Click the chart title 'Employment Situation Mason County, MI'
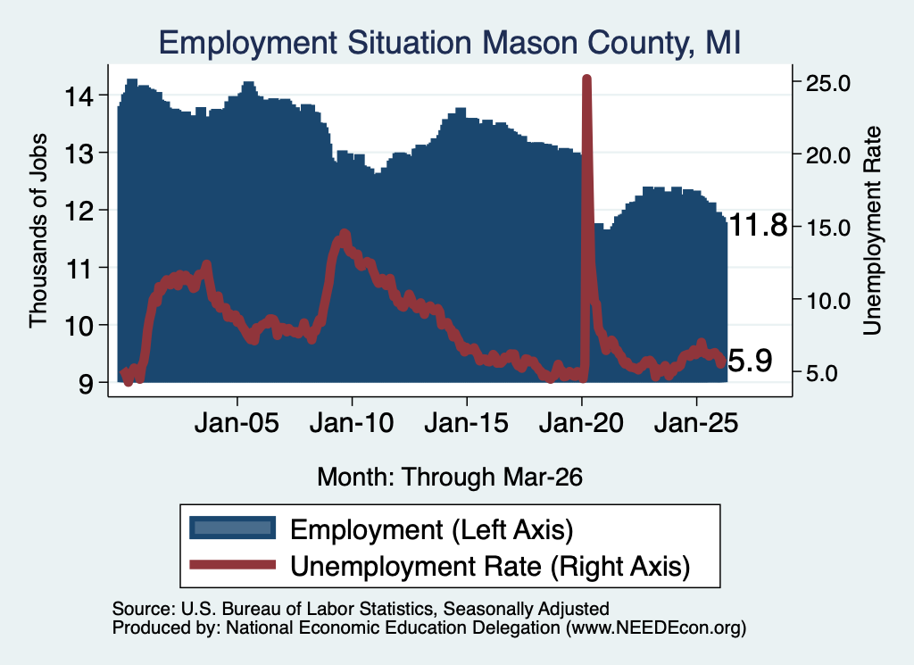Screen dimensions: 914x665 pyautogui.click(x=450, y=43)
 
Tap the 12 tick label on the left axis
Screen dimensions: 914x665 pyautogui.click(x=79, y=211)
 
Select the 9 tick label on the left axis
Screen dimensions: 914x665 pyautogui.click(x=85, y=383)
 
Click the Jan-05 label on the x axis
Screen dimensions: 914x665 pyautogui.click(x=237, y=422)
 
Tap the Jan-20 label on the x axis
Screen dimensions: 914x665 pyautogui.click(x=581, y=422)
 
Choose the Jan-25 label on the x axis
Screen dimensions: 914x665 pyautogui.click(x=696, y=422)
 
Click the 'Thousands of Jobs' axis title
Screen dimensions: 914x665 pyautogui.click(x=37, y=230)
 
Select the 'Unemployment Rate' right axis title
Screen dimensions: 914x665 pyautogui.click(x=872, y=230)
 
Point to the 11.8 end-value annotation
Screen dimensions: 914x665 pyautogui.click(x=758, y=225)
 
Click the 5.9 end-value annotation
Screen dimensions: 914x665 pyautogui.click(x=750, y=361)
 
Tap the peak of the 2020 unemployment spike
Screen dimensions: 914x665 pyautogui.click(x=586, y=79)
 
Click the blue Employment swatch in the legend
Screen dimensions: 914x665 pyautogui.click(x=233, y=528)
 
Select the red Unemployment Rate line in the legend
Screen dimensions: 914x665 pyautogui.click(x=233, y=565)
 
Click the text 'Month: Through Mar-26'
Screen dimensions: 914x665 pyautogui.click(x=450, y=477)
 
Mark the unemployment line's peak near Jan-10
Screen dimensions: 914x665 pyautogui.click(x=344, y=234)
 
